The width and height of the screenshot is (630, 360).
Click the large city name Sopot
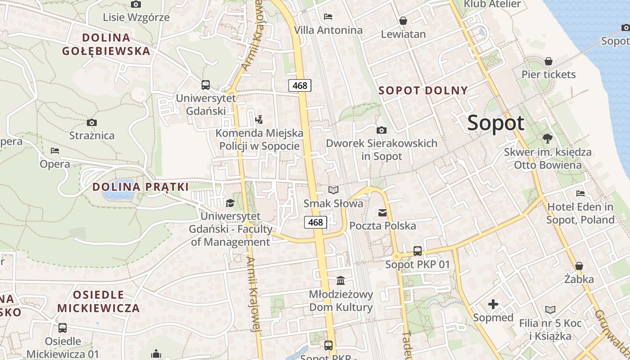[496, 123]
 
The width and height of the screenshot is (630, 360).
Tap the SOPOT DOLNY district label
[423, 90]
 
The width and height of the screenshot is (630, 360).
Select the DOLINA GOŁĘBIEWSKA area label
[106, 44]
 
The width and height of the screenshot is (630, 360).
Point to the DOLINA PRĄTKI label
[140, 187]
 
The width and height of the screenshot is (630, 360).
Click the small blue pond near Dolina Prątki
[118, 195]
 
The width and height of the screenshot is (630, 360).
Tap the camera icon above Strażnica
[92, 122]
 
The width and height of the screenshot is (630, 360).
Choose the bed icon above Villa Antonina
[328, 17]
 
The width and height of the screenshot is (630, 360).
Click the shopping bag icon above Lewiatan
[403, 21]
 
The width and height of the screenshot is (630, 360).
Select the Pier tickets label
[549, 74]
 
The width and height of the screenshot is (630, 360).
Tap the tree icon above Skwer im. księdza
[548, 138]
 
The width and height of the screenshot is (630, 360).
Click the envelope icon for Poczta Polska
[382, 212]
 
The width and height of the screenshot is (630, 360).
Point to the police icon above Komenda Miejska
[259, 120]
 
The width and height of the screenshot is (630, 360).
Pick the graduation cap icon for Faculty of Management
[230, 203]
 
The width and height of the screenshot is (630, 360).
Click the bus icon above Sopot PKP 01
[418, 251]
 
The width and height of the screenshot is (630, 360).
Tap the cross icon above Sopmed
[493, 304]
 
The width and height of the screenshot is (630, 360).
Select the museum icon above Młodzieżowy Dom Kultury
[341, 281]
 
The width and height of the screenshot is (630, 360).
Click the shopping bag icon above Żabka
[579, 266]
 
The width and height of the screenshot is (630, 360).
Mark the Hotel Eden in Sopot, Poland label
[580, 213]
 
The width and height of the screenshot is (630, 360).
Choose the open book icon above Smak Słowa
[333, 190]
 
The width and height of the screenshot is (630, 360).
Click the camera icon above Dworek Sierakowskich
[382, 130]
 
